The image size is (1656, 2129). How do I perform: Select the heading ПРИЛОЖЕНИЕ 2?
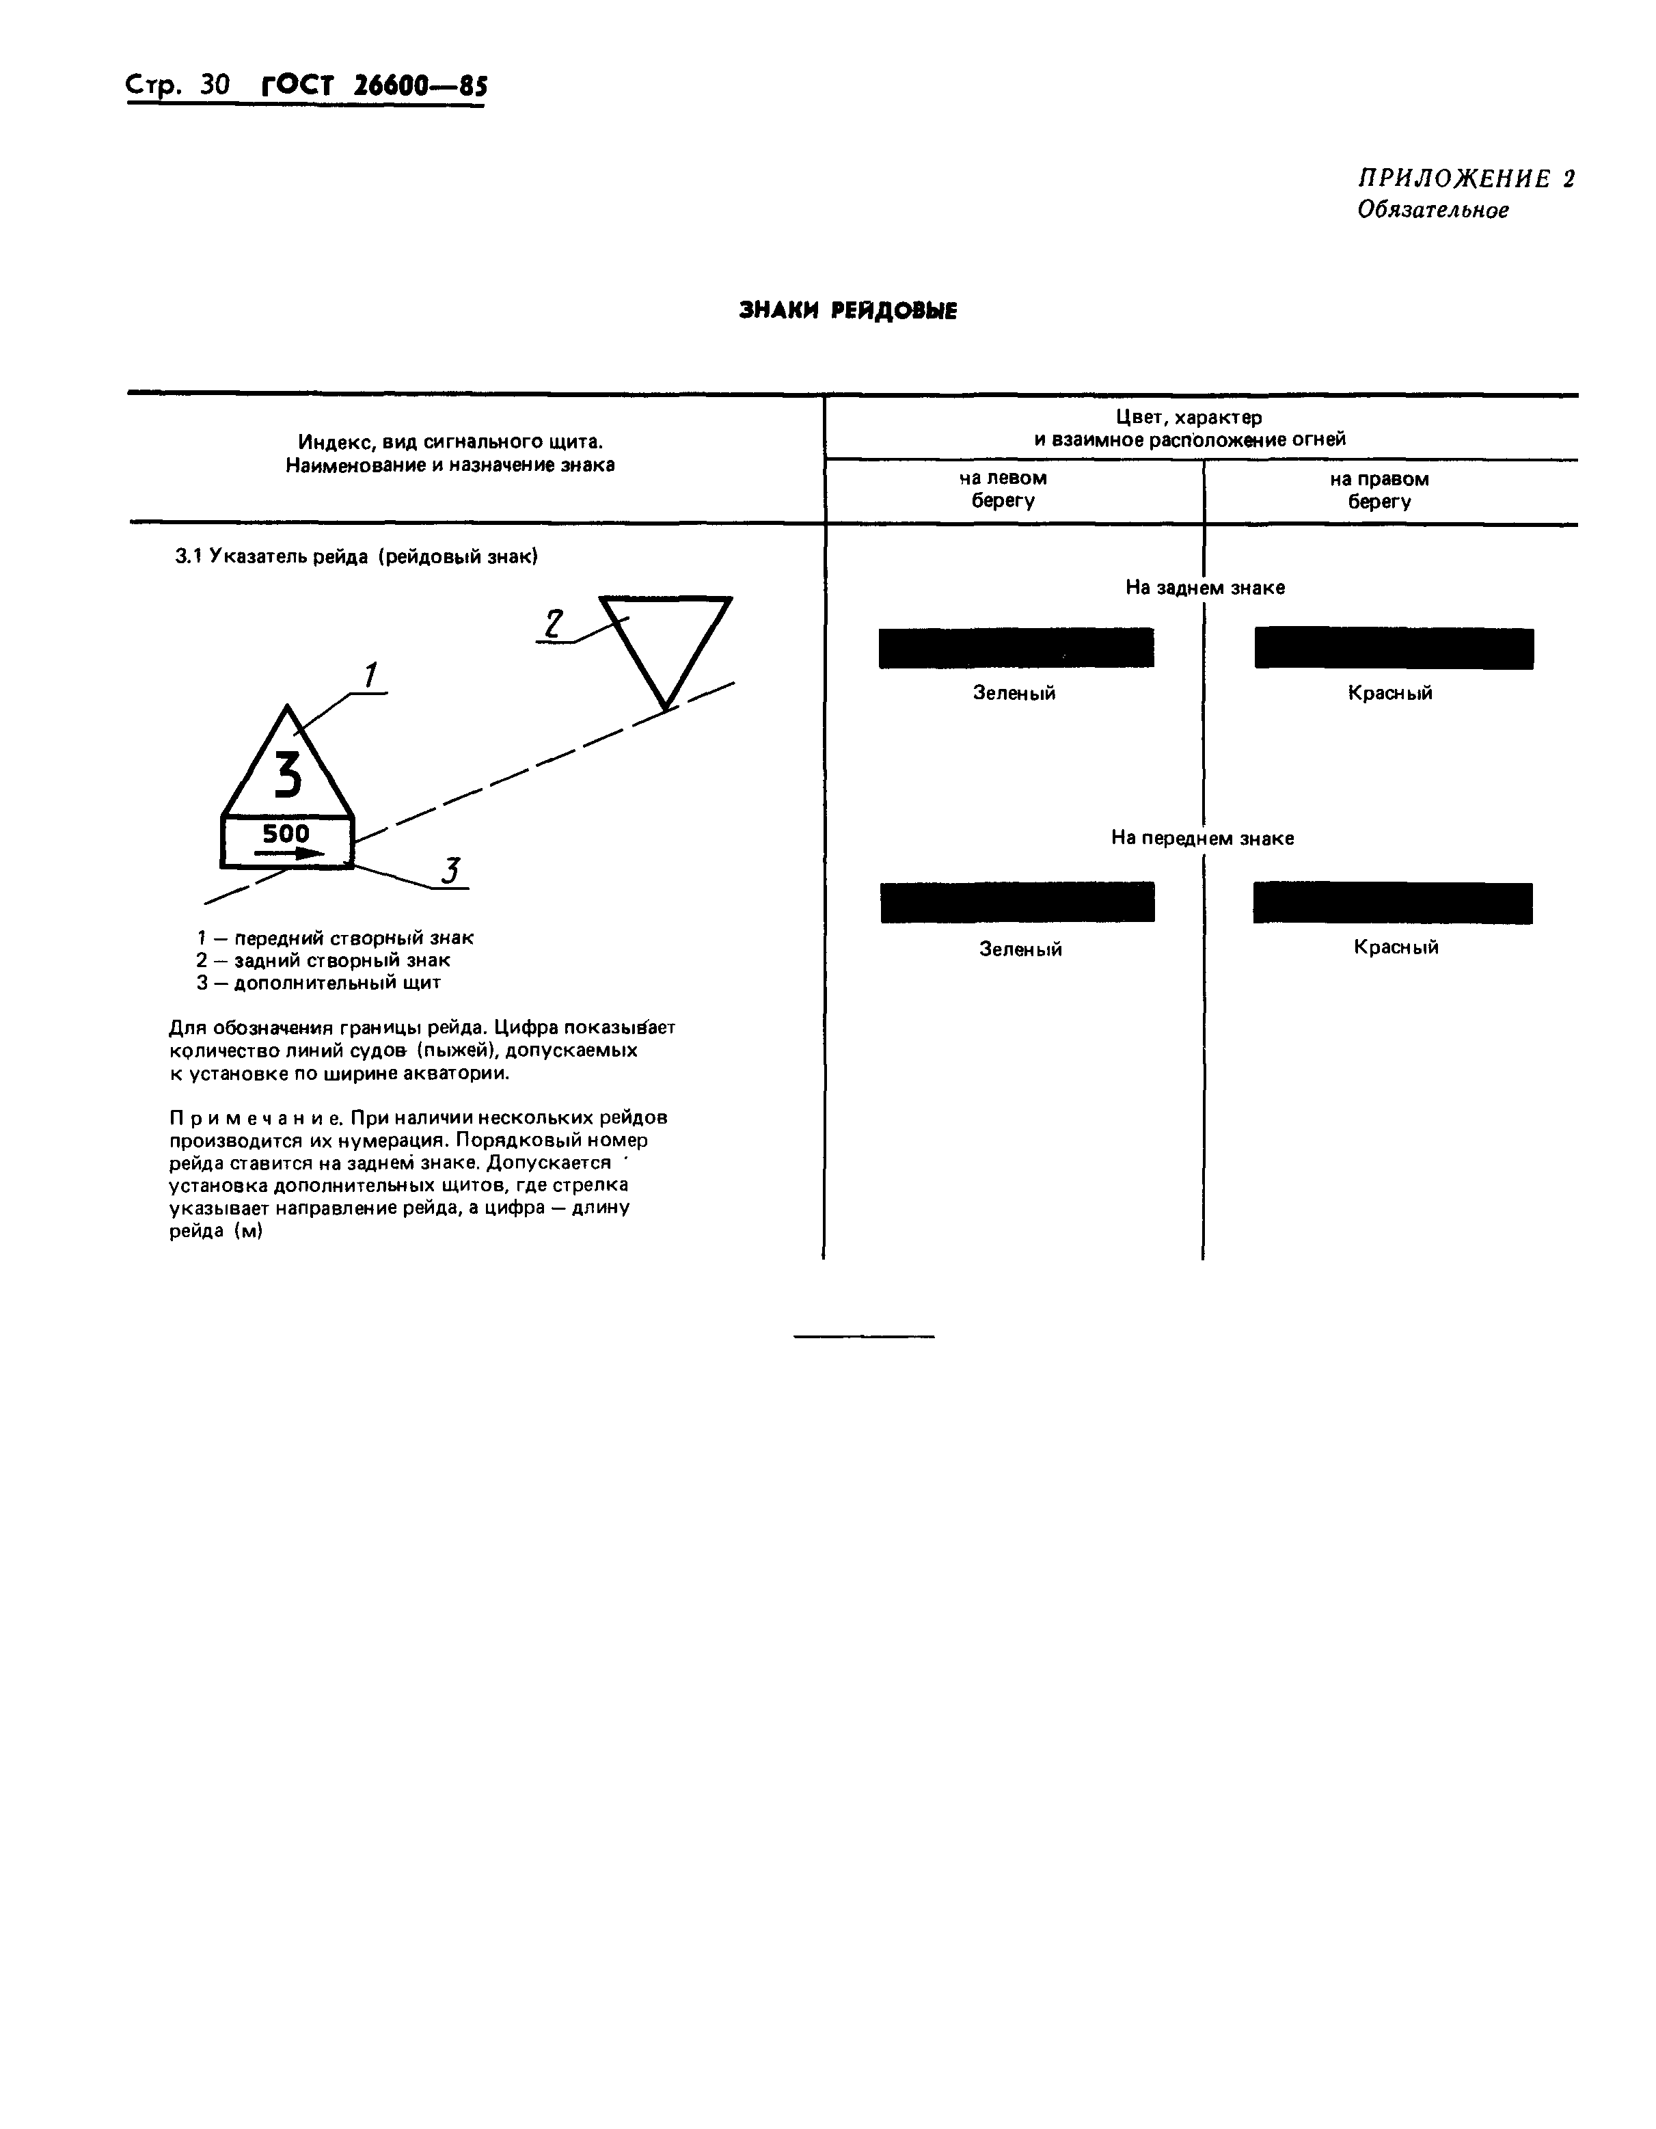[1466, 178]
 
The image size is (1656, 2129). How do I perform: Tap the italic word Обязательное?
[1433, 211]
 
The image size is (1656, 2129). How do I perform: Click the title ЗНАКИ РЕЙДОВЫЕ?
[848, 311]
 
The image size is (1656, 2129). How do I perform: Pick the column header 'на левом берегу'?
[1003, 489]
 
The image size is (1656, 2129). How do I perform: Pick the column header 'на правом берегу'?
[1379, 490]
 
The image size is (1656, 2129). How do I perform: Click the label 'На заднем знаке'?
[1205, 588]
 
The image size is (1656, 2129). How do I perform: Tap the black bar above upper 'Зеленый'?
[1016, 648]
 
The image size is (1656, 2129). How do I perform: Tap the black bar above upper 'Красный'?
[1393, 648]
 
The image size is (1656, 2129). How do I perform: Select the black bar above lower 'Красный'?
[1392, 903]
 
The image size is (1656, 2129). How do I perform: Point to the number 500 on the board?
[286, 833]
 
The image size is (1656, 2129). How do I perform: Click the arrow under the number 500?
[288, 853]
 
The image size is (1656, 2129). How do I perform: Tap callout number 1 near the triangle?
[370, 675]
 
